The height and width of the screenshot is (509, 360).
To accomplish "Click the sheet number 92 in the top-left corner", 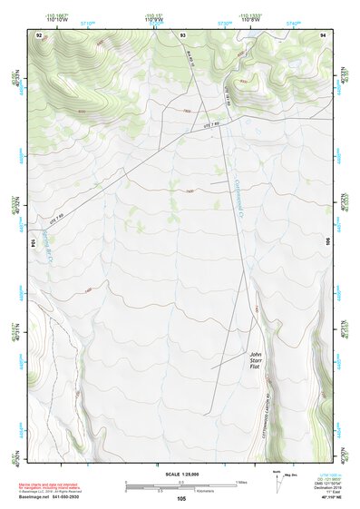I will pos(39,34).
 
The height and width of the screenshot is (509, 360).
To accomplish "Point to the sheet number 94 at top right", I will pos(323,34).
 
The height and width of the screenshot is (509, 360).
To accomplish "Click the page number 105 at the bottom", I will pos(180,498).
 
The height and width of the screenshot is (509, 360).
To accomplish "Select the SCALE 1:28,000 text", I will pos(180,474).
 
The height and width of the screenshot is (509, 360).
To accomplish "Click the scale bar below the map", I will pos(180,485).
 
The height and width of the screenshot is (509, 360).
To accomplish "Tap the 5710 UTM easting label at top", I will pos(89,20).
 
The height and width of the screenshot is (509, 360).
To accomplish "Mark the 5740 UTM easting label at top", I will pos(292,20).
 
